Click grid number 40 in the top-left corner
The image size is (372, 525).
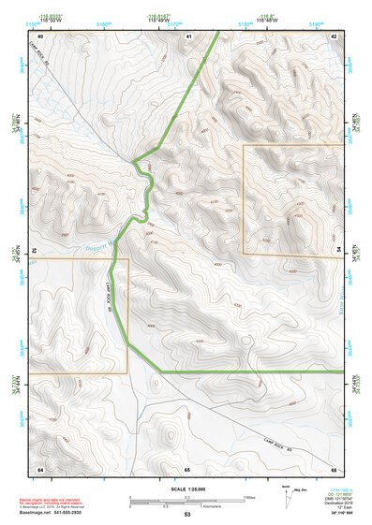click(x=41, y=36)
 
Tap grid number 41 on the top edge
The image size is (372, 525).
click(x=187, y=36)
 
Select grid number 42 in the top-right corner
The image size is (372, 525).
click(x=334, y=36)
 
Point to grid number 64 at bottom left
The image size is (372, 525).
click(x=40, y=468)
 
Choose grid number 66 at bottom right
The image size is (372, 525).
click(x=334, y=468)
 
